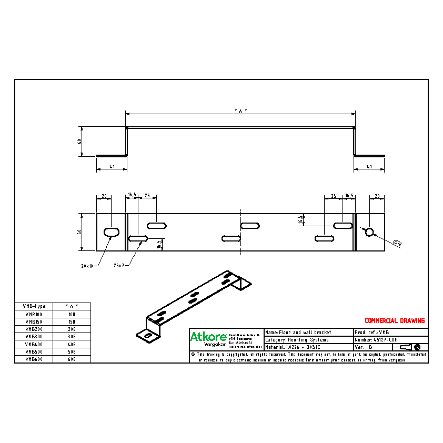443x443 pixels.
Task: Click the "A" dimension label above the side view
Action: pos(240,111)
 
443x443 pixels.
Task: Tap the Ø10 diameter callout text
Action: pos(397,243)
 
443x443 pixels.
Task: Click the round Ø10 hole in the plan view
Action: pos(369,232)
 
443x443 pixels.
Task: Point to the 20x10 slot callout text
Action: pos(87,266)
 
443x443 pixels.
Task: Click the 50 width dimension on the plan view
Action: pos(79,232)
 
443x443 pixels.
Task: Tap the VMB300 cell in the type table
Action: pos(35,336)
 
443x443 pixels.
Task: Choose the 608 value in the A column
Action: pos(72,359)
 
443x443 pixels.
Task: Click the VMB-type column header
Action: pos(35,306)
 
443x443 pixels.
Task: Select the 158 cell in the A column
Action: pos(72,321)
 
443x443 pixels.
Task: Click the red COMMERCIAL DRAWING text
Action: pos(395,321)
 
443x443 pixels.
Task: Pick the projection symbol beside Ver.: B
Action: pos(410,347)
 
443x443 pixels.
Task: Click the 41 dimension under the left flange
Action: pos(112,167)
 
